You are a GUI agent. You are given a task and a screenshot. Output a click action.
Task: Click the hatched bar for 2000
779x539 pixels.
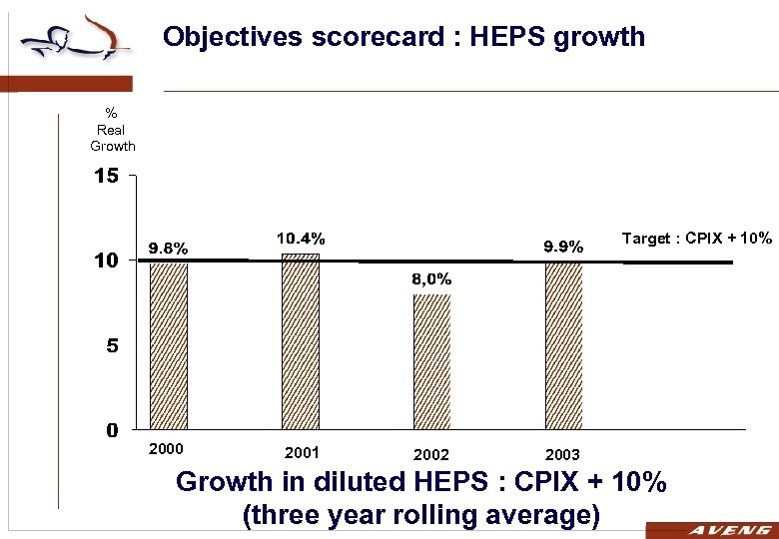[169, 345]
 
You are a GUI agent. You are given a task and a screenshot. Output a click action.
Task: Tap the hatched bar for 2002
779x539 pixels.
[431, 361]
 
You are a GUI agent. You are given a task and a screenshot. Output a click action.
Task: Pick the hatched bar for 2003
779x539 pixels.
[563, 345]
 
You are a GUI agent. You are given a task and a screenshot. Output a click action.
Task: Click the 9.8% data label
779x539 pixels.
[169, 248]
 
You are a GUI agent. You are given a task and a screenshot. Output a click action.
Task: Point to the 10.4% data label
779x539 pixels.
[301, 239]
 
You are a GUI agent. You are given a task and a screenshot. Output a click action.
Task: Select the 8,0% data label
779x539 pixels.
[431, 278]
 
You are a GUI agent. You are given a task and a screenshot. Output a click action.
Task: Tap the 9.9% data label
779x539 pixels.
[563, 246]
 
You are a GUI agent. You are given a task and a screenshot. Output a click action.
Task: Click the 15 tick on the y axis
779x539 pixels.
[106, 177]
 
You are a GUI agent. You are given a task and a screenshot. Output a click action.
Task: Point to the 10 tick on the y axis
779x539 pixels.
[106, 261]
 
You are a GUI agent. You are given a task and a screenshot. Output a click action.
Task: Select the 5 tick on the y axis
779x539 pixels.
[112, 346]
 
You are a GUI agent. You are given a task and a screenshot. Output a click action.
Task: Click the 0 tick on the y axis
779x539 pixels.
[113, 431]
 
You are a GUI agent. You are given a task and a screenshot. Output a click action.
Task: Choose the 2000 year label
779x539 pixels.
[167, 449]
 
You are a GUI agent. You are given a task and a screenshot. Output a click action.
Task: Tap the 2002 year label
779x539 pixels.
[431, 455]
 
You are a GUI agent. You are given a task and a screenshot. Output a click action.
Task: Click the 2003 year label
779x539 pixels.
[563, 455]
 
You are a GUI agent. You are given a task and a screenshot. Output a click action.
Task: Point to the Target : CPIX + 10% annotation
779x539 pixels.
[697, 239]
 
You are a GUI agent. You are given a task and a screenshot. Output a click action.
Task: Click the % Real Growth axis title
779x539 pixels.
[112, 131]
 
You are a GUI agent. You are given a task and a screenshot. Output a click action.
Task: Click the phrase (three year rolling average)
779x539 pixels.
[420, 515]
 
